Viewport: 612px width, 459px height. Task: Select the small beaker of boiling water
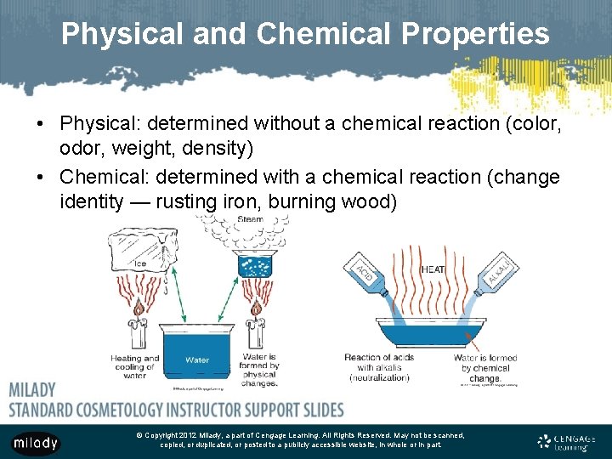(x=252, y=265)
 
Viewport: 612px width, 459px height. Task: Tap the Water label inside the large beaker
(x=197, y=360)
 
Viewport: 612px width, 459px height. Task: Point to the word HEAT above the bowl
(x=433, y=269)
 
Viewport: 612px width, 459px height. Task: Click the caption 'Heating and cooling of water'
(x=135, y=367)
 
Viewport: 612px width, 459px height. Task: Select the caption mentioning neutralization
(x=379, y=367)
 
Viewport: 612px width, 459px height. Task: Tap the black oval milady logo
(x=36, y=443)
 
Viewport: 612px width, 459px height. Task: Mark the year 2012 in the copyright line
(x=187, y=435)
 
